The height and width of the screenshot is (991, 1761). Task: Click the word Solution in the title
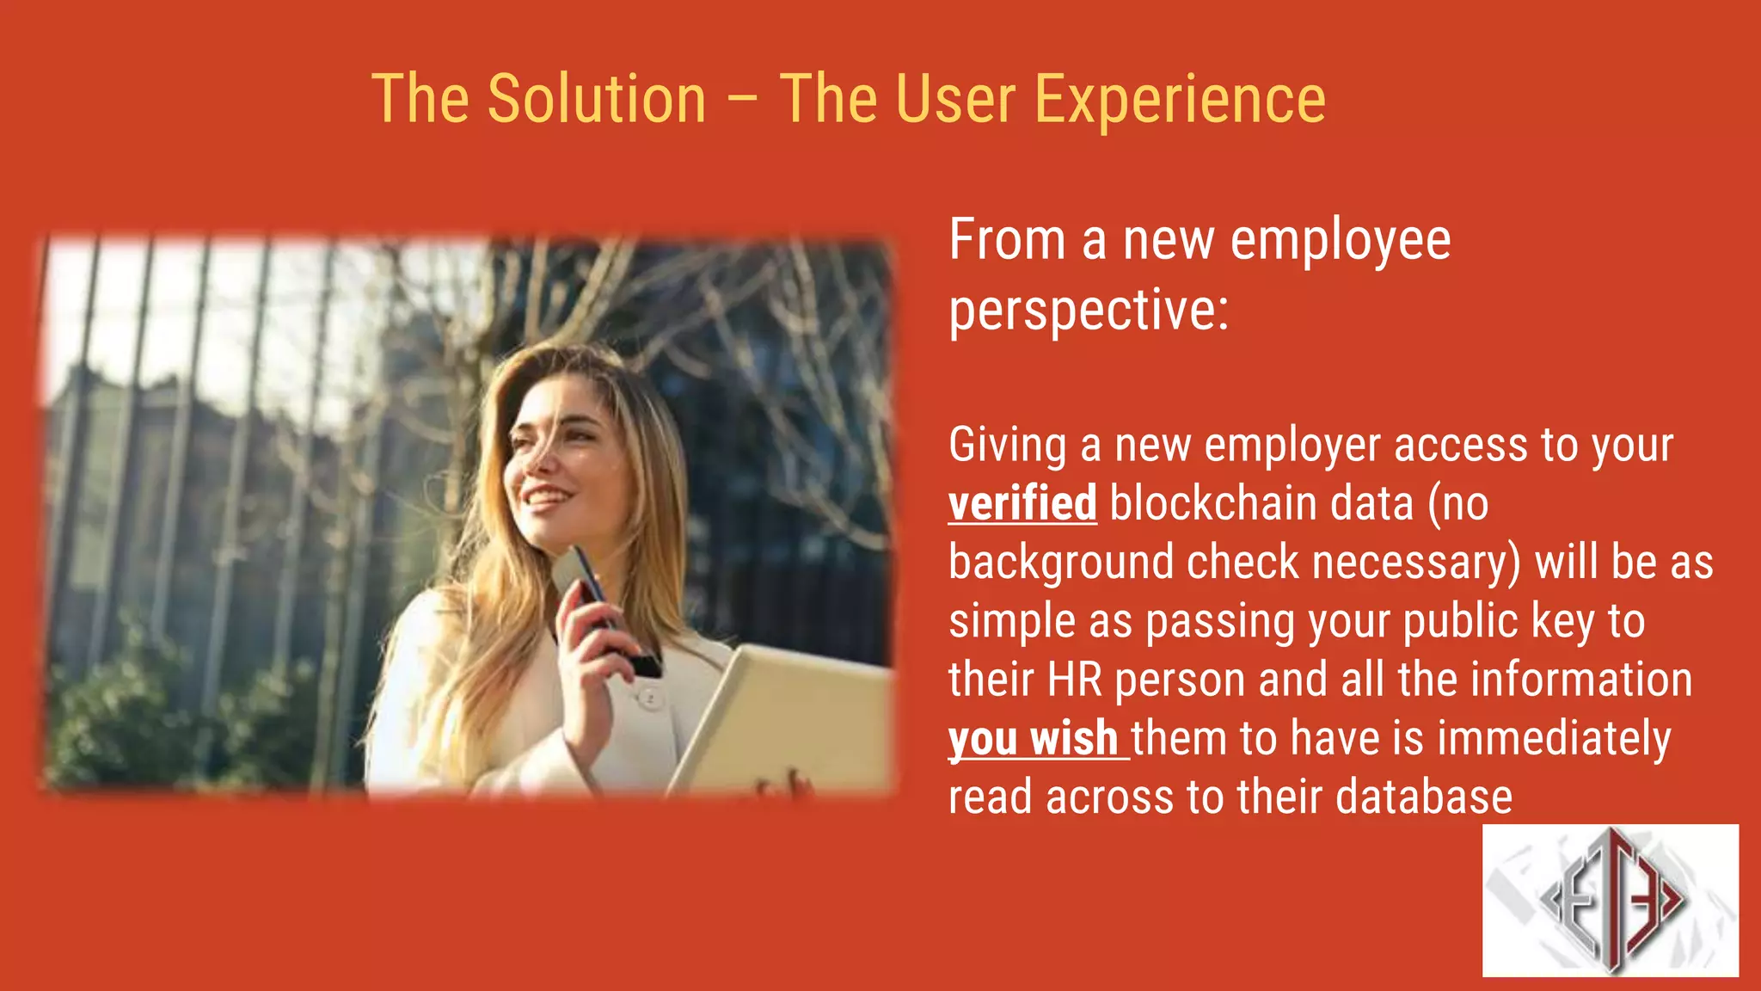[x=597, y=99]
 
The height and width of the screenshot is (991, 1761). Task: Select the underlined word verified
[x=1022, y=503]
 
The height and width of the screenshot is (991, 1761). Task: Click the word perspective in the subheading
[x=1089, y=311]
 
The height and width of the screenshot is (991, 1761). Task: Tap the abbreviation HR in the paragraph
[x=1075, y=680]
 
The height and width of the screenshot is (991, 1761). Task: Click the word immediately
[x=1554, y=739]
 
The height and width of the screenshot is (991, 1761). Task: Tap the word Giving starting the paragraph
[x=1008, y=446]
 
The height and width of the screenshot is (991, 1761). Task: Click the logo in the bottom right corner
[x=1610, y=900]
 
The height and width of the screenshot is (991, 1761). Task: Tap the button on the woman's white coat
[x=650, y=698]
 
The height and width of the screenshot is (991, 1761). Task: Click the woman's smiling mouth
[x=547, y=497]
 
